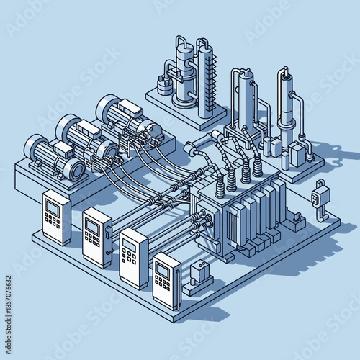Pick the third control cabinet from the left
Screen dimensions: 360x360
click(132, 256)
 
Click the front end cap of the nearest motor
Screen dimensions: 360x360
click(74, 168)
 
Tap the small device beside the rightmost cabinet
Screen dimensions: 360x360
click(199, 273)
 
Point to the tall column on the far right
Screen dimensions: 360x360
click(286, 108)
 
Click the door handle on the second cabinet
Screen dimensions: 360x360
click(108, 233)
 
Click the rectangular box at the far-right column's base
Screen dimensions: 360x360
click(297, 158)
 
